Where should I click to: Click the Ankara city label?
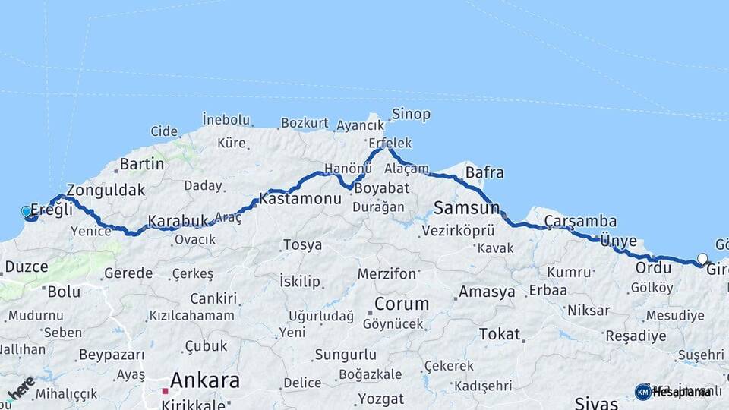click(205, 380)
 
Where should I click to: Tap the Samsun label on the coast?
click(466, 207)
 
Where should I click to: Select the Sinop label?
click(411, 115)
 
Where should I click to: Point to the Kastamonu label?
click(300, 199)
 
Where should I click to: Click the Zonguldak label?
click(106, 190)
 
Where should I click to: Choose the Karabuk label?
click(178, 221)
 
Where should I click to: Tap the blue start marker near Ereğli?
click(27, 212)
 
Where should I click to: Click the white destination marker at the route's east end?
click(702, 259)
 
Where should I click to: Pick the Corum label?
click(402, 304)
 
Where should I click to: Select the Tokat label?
click(500, 334)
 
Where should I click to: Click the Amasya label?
click(487, 292)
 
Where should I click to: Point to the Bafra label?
click(484, 172)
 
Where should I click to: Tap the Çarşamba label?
click(581, 221)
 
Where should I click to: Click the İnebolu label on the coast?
click(226, 119)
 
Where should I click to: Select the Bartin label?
click(142, 164)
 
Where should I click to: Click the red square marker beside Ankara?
click(165, 391)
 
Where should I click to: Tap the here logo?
click(21, 388)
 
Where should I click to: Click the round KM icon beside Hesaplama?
click(642, 392)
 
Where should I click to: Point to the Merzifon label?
click(387, 274)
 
